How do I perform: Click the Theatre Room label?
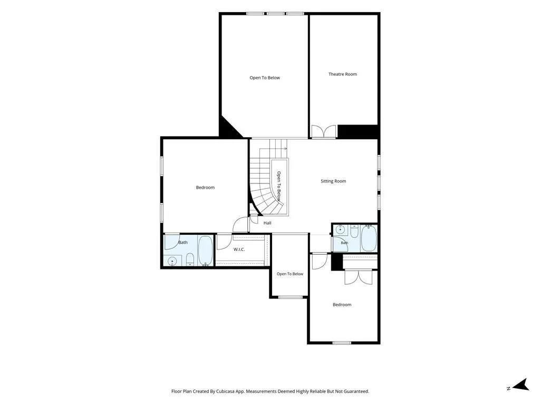[342, 74]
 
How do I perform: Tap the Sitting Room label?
[333, 181]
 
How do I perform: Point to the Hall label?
[267, 223]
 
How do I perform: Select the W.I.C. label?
[239, 249]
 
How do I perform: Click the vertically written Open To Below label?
[278, 186]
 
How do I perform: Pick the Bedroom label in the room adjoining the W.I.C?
[205, 187]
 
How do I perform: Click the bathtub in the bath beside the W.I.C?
[205, 250]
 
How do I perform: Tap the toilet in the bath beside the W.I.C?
[190, 259]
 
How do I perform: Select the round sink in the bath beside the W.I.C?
[172, 262]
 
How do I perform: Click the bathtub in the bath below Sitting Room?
[369, 238]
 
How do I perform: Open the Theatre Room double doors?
[324, 131]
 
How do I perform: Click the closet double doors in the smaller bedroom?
[359, 277]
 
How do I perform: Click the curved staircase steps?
[265, 179]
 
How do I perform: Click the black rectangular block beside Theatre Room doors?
[358, 131]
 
